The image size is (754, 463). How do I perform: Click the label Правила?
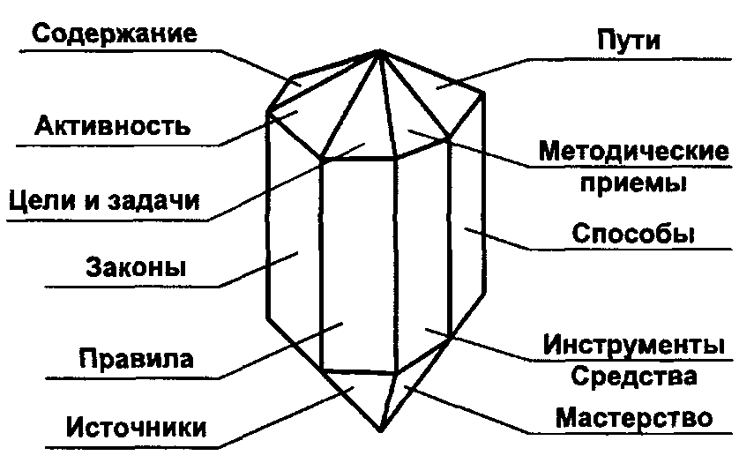pyautogui.click(x=136, y=359)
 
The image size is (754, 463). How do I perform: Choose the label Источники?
pyautogui.click(x=137, y=429)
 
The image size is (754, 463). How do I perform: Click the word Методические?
pyautogui.click(x=634, y=151)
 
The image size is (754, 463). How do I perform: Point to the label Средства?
pyautogui.click(x=634, y=377)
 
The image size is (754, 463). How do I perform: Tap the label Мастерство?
pyautogui.click(x=634, y=416)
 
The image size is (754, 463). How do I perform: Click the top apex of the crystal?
pyautogui.click(x=379, y=50)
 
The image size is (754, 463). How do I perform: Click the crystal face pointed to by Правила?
pyautogui.click(x=353, y=265)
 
